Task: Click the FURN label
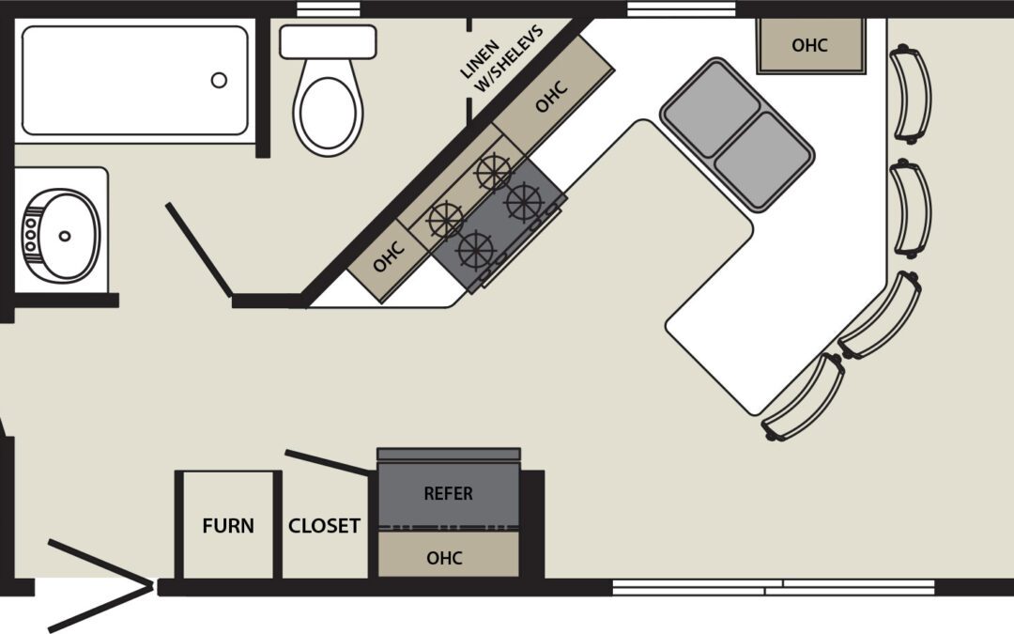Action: click(x=227, y=526)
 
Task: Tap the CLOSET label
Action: click(x=324, y=526)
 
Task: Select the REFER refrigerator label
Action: click(x=448, y=494)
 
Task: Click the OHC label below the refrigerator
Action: click(x=444, y=558)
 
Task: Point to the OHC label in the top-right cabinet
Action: click(x=809, y=45)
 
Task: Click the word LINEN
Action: click(x=480, y=59)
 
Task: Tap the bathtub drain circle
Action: click(x=219, y=80)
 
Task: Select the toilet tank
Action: click(x=328, y=42)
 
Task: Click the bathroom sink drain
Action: click(x=65, y=236)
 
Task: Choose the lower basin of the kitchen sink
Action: click(x=763, y=162)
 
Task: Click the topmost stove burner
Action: click(x=494, y=172)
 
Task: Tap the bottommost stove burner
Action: click(x=476, y=250)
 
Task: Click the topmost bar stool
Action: click(x=911, y=95)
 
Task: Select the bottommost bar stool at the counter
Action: click(x=804, y=396)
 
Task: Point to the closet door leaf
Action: click(x=328, y=463)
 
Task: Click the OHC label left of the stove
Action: click(x=389, y=256)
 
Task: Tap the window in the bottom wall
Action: click(x=774, y=587)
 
